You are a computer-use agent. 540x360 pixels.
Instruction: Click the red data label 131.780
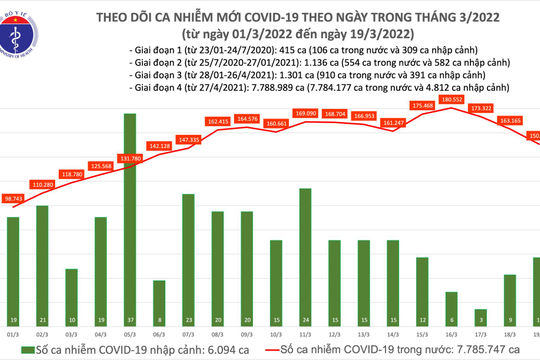[132, 157]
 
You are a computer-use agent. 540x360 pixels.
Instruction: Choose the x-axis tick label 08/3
[217, 334]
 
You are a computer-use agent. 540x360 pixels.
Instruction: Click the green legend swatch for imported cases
[26, 351]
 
